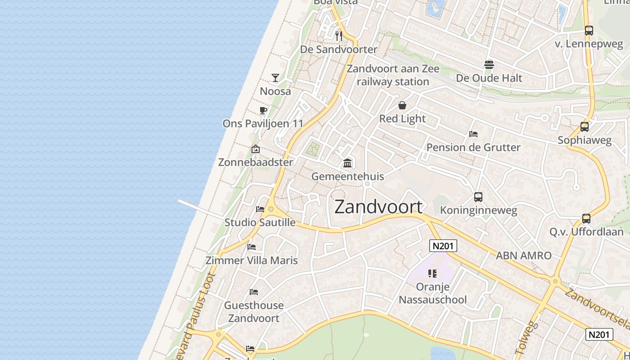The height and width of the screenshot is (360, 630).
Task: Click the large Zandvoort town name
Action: click(x=378, y=207)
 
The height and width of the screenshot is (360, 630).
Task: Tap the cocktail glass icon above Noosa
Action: click(x=275, y=77)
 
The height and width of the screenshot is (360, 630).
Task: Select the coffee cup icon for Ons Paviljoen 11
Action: click(x=263, y=110)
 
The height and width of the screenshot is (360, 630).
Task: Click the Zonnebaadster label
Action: click(x=256, y=162)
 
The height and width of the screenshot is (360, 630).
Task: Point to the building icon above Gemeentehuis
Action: click(x=347, y=162)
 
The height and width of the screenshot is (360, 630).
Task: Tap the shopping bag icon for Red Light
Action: click(x=402, y=105)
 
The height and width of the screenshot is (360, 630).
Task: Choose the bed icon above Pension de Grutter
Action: click(x=473, y=134)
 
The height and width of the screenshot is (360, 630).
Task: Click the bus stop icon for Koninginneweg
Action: click(x=478, y=197)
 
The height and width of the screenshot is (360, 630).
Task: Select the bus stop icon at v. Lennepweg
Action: click(x=589, y=31)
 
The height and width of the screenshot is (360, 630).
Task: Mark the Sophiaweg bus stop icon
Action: click(x=585, y=127)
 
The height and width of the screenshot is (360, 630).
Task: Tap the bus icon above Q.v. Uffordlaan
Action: click(x=586, y=219)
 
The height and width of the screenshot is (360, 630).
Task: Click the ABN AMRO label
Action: click(x=523, y=256)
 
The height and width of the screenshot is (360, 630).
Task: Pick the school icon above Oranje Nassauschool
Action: click(x=432, y=273)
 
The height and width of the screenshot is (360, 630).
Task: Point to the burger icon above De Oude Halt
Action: click(x=489, y=65)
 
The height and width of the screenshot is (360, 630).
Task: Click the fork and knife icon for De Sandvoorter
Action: click(x=339, y=36)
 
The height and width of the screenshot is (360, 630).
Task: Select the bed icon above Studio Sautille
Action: click(x=260, y=209)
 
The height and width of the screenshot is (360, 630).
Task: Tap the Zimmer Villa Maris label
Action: click(x=252, y=260)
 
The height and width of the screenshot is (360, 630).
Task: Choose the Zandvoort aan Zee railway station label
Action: click(x=393, y=75)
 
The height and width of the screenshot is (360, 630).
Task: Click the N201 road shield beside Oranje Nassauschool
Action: click(x=443, y=246)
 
